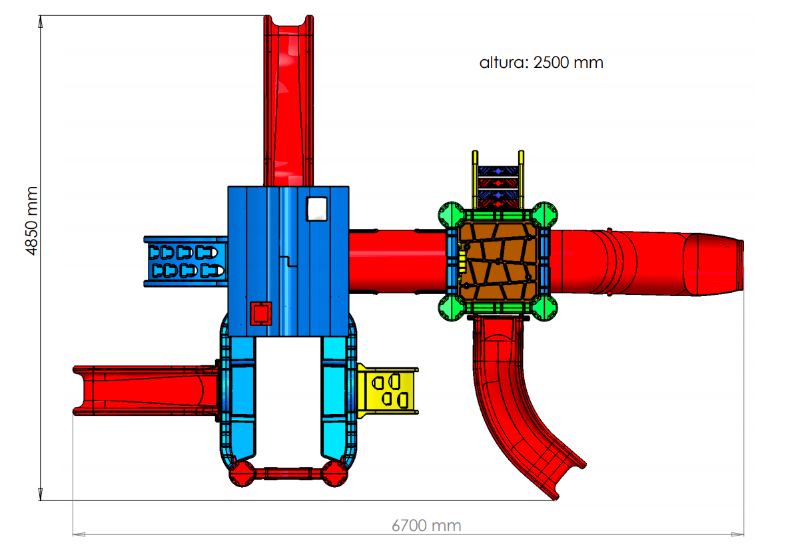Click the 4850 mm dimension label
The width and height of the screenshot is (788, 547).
32,221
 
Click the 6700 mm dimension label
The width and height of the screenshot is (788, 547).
426,526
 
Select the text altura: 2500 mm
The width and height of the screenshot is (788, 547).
542,63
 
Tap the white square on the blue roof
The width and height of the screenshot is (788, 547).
316,209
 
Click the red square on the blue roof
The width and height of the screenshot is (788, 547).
261,313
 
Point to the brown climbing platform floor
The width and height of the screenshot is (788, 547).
498,260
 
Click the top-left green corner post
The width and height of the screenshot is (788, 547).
452,216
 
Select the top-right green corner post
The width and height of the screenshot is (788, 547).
544,216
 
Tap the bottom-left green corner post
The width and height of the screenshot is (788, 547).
452,307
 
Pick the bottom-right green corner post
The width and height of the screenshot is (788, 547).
544,307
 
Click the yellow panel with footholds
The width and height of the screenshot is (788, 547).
388,391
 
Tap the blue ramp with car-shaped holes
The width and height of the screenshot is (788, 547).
185,261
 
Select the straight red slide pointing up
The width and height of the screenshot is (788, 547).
288,100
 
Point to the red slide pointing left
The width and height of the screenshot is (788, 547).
147,391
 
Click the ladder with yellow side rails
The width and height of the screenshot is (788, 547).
498,180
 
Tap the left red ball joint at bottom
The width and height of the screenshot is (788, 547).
242,473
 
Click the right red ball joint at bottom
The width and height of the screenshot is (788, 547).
334,473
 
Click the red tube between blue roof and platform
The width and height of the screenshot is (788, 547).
398,261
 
